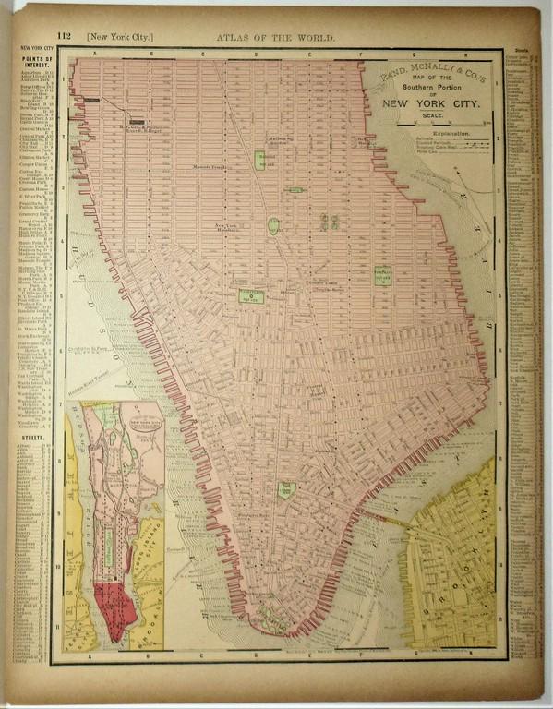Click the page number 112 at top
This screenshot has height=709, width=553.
click(64, 37)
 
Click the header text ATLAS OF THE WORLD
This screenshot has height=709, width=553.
click(276, 38)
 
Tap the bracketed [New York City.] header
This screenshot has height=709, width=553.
click(120, 38)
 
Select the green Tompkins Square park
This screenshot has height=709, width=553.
click(383, 275)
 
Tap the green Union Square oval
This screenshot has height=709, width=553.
click(274, 225)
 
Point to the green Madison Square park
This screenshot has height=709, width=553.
click(259, 160)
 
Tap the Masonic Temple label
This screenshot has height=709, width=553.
click(210, 167)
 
